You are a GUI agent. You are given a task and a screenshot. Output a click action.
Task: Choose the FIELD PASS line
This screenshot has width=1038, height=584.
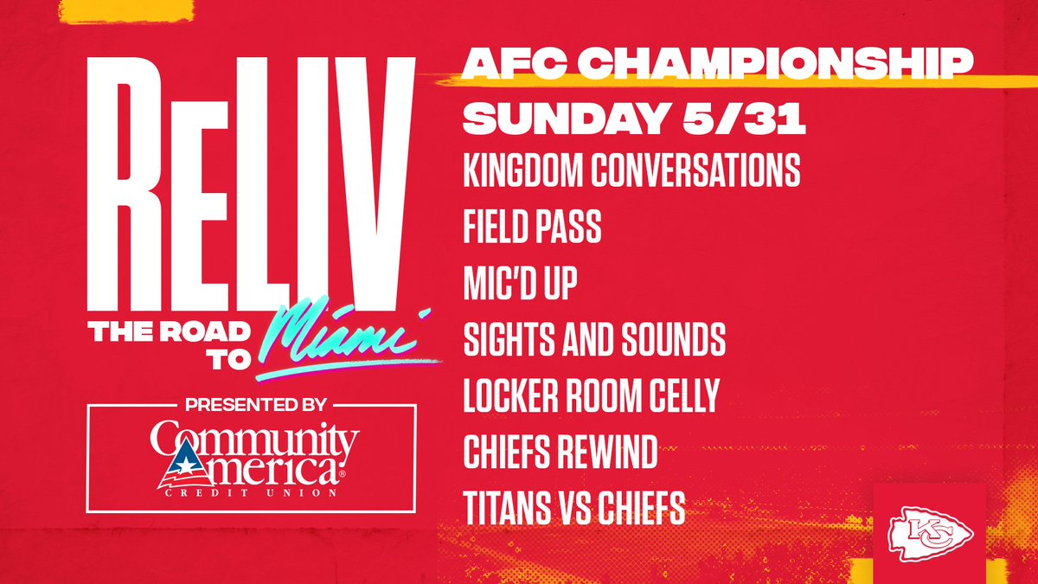click(x=532, y=228)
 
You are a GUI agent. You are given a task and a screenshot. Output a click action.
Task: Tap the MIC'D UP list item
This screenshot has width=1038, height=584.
click(x=519, y=285)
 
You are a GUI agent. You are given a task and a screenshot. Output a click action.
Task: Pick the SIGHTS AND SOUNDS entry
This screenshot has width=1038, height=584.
click(x=594, y=341)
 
